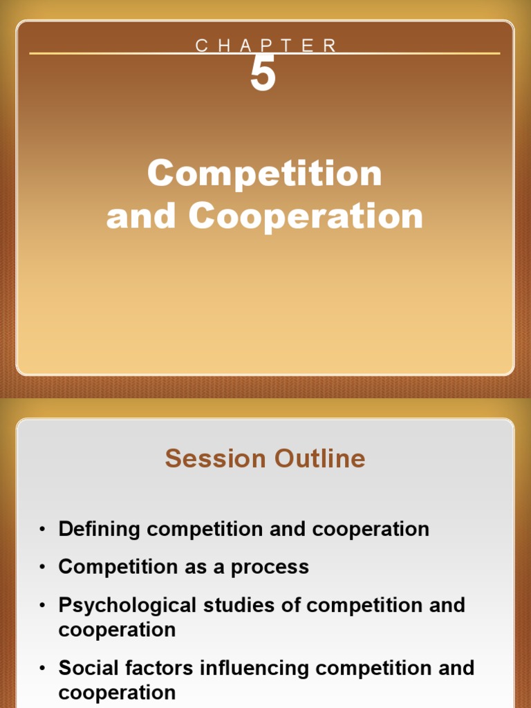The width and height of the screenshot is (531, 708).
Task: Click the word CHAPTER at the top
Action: [x=265, y=46]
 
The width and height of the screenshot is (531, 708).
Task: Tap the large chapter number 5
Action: [x=263, y=75]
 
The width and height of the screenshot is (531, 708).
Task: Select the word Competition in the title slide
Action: [x=265, y=174]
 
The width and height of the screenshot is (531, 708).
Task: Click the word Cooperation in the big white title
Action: [x=306, y=216]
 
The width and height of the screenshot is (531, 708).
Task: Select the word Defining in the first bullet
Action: [x=100, y=530]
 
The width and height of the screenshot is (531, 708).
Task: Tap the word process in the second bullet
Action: [x=270, y=568]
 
